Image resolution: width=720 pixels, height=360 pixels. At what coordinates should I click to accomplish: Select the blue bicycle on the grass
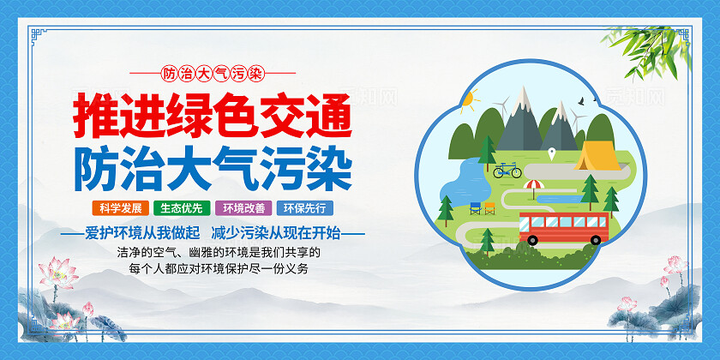click(507, 170)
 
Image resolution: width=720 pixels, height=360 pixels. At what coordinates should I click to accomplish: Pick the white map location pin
click(552, 153)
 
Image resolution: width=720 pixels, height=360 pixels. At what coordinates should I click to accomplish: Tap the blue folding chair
click(476, 207)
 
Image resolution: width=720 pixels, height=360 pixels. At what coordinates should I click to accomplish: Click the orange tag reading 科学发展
click(120, 207)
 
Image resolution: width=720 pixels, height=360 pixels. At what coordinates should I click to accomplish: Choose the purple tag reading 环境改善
click(244, 207)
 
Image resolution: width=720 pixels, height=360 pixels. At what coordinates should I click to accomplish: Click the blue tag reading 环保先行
click(305, 207)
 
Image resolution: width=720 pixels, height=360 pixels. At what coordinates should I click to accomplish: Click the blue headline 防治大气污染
click(213, 168)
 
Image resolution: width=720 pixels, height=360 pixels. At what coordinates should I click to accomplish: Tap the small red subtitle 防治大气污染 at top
click(212, 73)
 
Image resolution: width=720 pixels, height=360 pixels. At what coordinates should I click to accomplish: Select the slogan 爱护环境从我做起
click(142, 232)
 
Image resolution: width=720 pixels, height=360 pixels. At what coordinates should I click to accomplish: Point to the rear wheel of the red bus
click(586, 241)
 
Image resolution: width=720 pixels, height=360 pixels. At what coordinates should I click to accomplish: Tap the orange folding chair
click(489, 207)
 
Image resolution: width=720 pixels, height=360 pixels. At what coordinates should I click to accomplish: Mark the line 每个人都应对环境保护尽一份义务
click(219, 269)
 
